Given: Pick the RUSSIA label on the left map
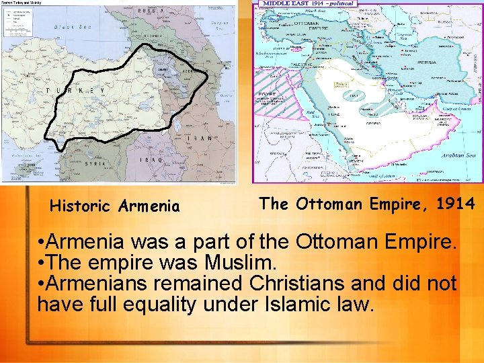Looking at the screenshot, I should pos(152,11).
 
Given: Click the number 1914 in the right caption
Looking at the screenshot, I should pos(455,203).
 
